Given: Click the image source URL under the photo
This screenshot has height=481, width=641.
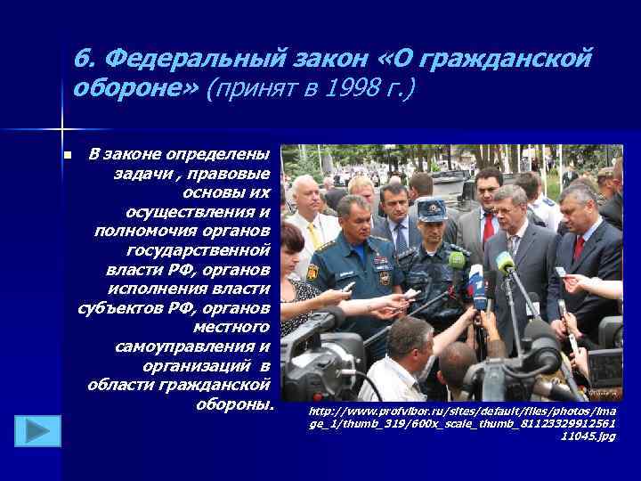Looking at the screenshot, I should pyautogui.click(x=462, y=424).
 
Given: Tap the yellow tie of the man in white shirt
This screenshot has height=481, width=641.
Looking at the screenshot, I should pyautogui.click(x=312, y=235).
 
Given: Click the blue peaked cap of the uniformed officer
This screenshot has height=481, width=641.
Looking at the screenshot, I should pyautogui.click(x=433, y=210).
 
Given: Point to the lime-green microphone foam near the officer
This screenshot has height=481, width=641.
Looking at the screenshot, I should pyautogui.click(x=457, y=260).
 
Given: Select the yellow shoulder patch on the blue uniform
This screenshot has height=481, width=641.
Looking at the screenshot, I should pyautogui.click(x=312, y=270).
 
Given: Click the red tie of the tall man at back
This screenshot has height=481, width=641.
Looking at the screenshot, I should pyautogui.click(x=488, y=228).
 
